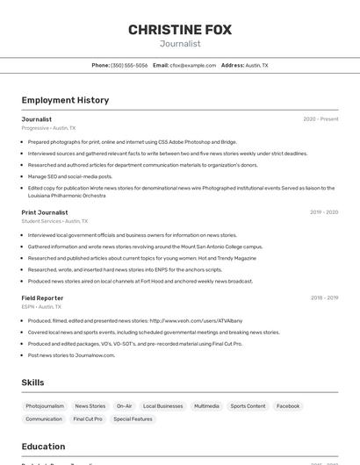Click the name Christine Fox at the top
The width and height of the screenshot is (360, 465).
click(x=180, y=30)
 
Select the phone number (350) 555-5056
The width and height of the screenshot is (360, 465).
click(x=130, y=65)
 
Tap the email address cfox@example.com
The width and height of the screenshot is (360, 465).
click(x=193, y=65)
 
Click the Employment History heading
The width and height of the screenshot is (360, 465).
click(x=65, y=100)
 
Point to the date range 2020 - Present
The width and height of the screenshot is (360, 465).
click(x=320, y=119)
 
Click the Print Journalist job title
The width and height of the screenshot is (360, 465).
click(x=45, y=212)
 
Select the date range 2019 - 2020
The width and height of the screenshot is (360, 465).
click(x=324, y=212)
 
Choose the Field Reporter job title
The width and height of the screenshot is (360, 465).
click(x=42, y=298)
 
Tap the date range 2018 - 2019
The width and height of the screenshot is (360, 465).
click(x=324, y=298)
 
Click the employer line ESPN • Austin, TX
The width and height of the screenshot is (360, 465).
click(x=41, y=307)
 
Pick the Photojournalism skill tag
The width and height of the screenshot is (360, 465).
click(x=45, y=406)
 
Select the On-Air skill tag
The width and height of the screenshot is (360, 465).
click(x=124, y=406)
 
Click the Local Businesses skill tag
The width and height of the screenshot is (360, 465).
click(x=163, y=406)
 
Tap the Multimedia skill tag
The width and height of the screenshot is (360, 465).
click(x=206, y=406)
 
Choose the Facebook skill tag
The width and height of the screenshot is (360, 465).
click(x=288, y=406)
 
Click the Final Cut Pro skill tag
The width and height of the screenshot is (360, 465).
click(x=87, y=419)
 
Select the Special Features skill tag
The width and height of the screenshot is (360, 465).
click(x=133, y=419)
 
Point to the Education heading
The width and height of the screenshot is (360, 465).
click(x=43, y=447)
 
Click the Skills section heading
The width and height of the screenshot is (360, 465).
click(x=32, y=383)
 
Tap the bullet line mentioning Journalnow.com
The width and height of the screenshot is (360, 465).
click(x=71, y=355)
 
